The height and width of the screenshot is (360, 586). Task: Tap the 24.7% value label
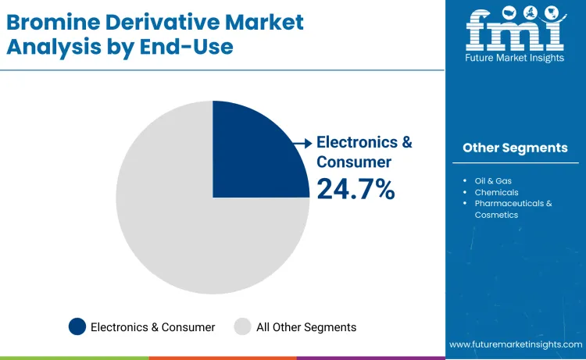[356, 189]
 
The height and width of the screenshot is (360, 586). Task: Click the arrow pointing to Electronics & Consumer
[301, 143]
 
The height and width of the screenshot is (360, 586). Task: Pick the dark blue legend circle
[77, 327]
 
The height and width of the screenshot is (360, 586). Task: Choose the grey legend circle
[243, 327]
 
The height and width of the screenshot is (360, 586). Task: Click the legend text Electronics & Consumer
[152, 327]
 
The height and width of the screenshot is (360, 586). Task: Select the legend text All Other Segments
[306, 327]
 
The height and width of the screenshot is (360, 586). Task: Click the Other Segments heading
[515, 148]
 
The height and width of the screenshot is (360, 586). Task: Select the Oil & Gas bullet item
[492, 181]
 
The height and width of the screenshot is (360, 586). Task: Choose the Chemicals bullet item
[496, 192]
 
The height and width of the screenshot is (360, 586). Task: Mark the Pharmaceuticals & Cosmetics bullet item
[513, 209]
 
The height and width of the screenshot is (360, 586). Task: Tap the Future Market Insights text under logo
[515, 59]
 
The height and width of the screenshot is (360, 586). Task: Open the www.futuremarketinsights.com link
[516, 344]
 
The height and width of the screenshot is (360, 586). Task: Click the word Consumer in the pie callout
[353, 162]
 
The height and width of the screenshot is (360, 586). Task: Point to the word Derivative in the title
[157, 21]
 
